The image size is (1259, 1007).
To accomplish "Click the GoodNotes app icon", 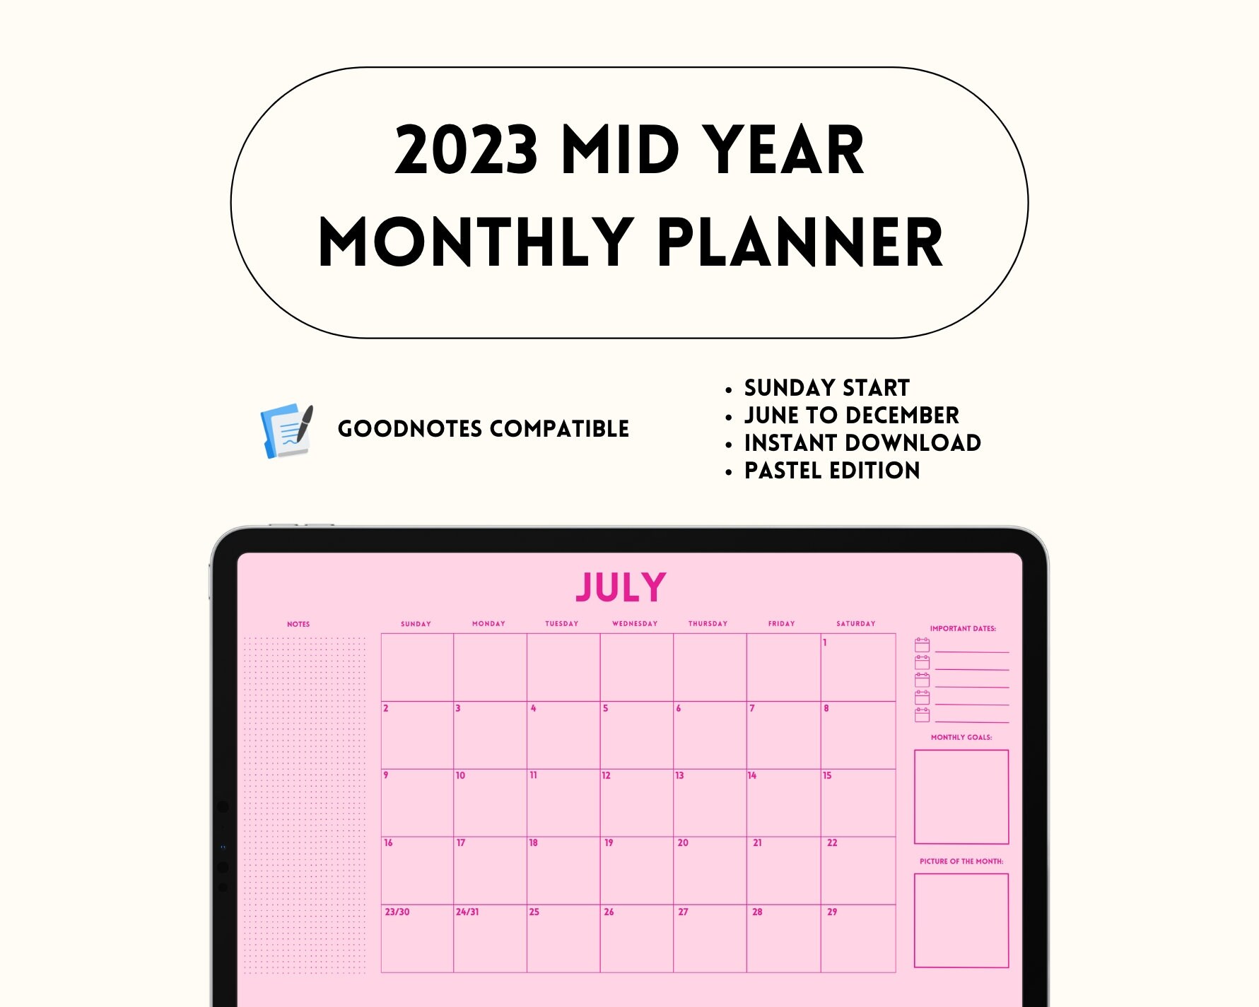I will click(286, 430).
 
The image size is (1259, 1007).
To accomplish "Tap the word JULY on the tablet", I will click(621, 587).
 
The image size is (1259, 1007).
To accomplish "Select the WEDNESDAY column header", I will click(635, 624).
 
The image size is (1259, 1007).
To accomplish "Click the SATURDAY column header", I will click(855, 624).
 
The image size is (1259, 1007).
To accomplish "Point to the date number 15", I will click(827, 776).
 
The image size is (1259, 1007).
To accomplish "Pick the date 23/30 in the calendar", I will click(397, 912).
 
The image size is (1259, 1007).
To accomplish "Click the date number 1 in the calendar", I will click(824, 643).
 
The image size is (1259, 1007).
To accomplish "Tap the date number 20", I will click(683, 843).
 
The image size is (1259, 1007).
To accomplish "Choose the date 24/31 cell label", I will click(467, 912).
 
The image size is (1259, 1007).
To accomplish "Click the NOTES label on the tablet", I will click(298, 625).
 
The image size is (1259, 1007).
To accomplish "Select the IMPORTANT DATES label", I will click(963, 629).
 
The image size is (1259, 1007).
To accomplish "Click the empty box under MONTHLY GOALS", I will click(961, 796).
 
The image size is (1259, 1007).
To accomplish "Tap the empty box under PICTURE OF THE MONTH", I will click(961, 920).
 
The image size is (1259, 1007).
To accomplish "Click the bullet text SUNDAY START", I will click(826, 388).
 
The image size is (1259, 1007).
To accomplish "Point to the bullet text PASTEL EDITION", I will click(832, 471).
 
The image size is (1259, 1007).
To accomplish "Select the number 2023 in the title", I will click(467, 150).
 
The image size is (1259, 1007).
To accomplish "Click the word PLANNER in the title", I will click(800, 242).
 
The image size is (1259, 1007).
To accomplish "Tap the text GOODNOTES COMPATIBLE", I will click(484, 429).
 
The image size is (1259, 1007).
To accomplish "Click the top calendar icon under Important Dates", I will click(923, 644).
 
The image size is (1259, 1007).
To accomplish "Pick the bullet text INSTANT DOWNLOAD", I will click(862, 443).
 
